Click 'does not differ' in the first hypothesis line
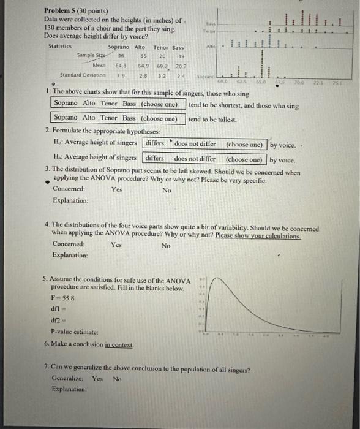coord(195,144)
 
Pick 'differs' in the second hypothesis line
coord(154,158)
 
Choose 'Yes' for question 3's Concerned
coord(117,190)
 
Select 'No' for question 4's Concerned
coord(166,245)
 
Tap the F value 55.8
coord(64,297)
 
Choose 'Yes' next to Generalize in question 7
coord(97,378)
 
